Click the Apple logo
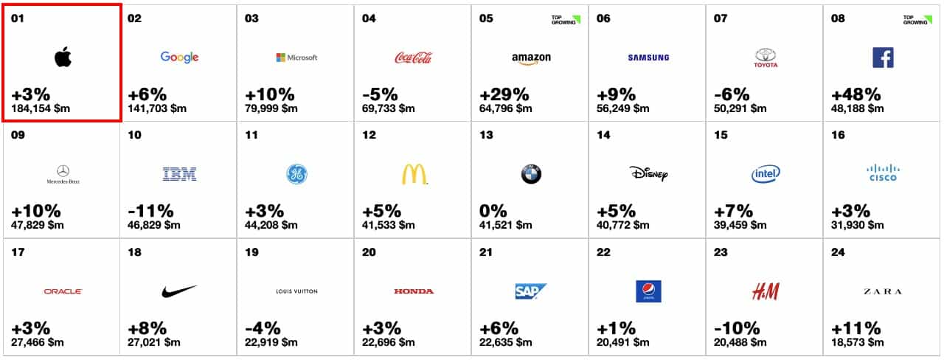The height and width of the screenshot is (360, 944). pyautogui.click(x=63, y=58)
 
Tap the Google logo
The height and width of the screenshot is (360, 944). pyautogui.click(x=179, y=58)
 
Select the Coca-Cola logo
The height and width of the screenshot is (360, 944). pyautogui.click(x=413, y=58)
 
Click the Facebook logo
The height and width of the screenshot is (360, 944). pyautogui.click(x=883, y=58)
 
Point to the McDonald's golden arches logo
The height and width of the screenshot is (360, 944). pyautogui.click(x=414, y=174)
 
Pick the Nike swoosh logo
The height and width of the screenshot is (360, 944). pyautogui.click(x=179, y=291)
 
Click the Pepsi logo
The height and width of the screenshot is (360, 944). pyautogui.click(x=648, y=291)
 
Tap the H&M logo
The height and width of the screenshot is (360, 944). pyautogui.click(x=766, y=291)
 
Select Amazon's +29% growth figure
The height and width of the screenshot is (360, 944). pyautogui.click(x=504, y=95)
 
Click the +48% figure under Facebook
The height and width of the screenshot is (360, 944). pyautogui.click(x=855, y=95)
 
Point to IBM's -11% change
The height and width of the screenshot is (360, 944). pyautogui.click(x=152, y=212)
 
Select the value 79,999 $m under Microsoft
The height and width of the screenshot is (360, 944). pyautogui.click(x=271, y=109)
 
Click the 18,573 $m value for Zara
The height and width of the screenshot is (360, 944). pyautogui.click(x=858, y=342)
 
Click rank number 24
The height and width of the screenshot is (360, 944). pyautogui.click(x=838, y=252)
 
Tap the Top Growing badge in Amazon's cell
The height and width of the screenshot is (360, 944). pyautogui.click(x=566, y=19)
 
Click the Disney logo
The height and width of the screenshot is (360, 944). pyautogui.click(x=648, y=174)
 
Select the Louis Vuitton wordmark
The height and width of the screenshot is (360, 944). pyautogui.click(x=296, y=291)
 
